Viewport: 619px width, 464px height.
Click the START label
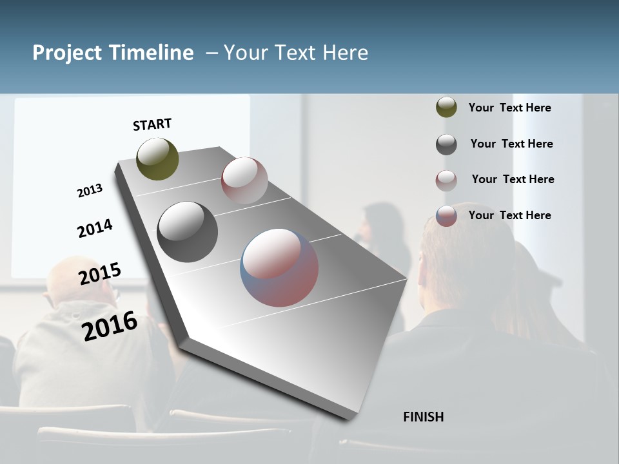[x=152, y=124]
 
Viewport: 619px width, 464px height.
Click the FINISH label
[x=423, y=417]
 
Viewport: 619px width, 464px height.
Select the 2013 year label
[x=90, y=191]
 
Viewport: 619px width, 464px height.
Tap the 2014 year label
[x=95, y=229]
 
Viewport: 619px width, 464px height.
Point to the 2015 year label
[x=100, y=274]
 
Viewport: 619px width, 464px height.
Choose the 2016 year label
[x=110, y=325]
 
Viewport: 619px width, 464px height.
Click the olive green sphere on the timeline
[x=157, y=159]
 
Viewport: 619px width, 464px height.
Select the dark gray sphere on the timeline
[x=187, y=232]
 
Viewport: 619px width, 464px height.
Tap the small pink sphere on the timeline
[x=244, y=180]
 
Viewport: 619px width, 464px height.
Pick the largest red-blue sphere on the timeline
[x=279, y=267]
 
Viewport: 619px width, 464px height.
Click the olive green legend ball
[x=446, y=108]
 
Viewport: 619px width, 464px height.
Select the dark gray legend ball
[x=446, y=144]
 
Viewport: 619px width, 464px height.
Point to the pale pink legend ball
[x=446, y=180]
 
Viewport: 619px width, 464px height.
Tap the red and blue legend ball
[x=446, y=216]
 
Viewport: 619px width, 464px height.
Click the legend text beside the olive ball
[x=509, y=108]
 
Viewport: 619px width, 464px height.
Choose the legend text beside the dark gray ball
[x=511, y=144]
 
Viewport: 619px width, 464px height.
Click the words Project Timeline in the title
[x=113, y=53]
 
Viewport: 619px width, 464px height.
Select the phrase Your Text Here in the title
[x=296, y=53]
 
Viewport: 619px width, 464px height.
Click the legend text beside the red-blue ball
[x=509, y=215]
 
